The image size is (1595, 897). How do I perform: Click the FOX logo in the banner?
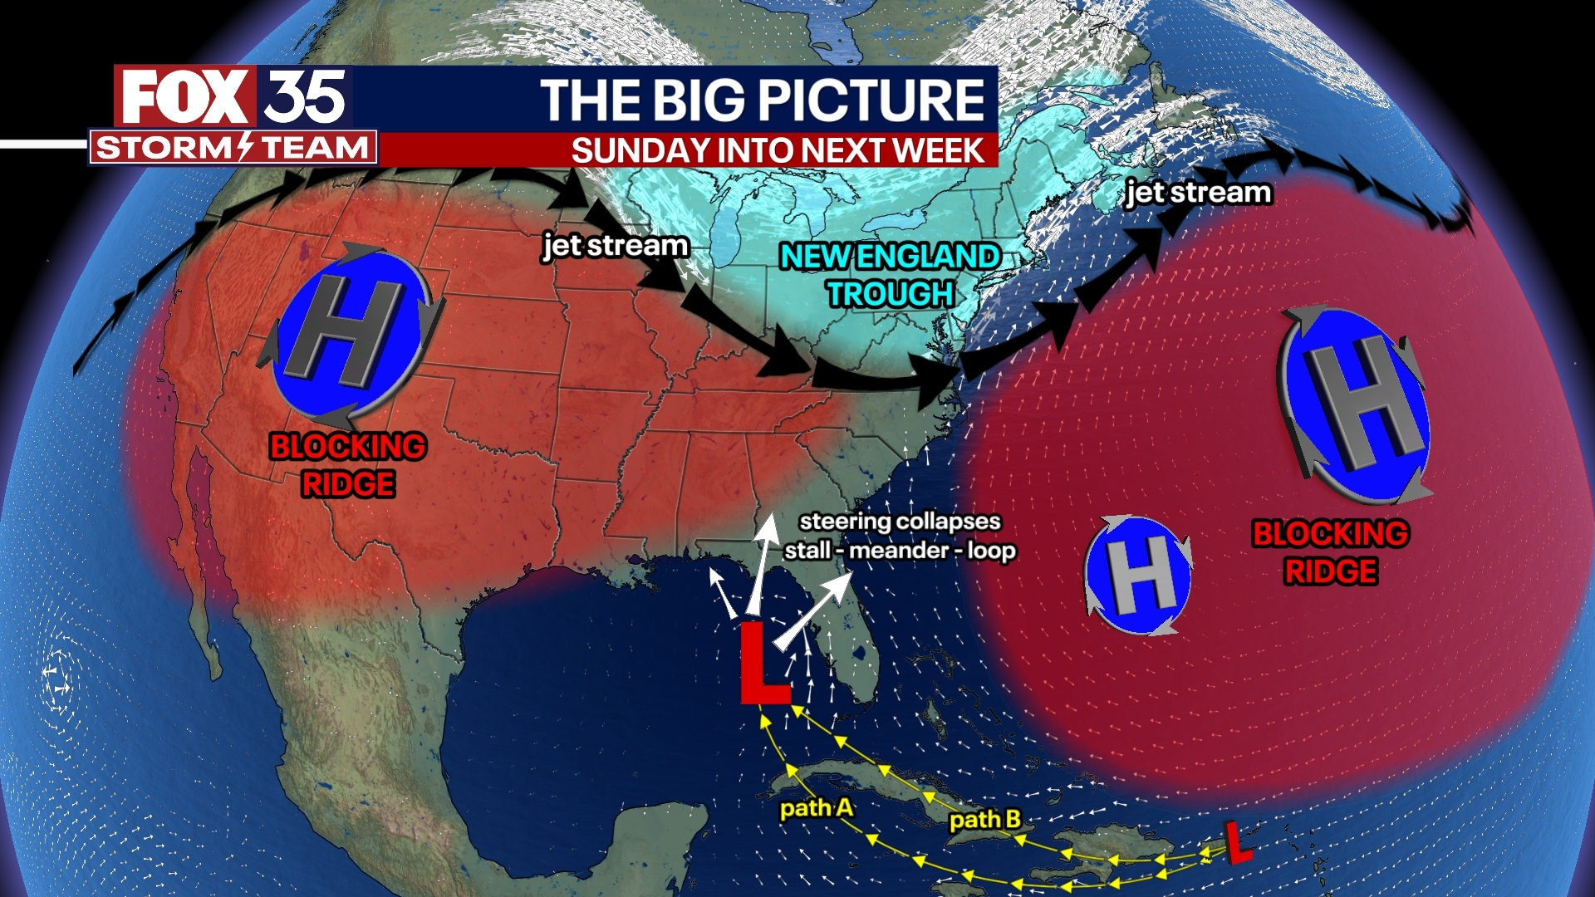click(x=184, y=96)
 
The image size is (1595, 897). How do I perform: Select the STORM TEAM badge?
click(x=233, y=148)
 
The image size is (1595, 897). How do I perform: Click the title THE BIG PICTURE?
click(x=762, y=100)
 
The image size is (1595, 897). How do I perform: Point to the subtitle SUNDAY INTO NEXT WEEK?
click(x=777, y=151)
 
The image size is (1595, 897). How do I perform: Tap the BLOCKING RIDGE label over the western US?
click(x=348, y=465)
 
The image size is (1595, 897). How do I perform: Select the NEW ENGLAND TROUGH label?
click(x=890, y=275)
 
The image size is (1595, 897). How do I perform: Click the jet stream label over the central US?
click(x=616, y=246)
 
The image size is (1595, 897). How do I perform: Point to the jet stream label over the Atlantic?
click(x=1198, y=193)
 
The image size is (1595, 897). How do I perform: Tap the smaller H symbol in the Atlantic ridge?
click(x=1138, y=575)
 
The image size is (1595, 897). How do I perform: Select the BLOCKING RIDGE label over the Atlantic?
click(x=1330, y=552)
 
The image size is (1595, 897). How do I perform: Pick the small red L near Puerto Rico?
click(x=1237, y=841)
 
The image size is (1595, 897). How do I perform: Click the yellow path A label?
click(x=816, y=807)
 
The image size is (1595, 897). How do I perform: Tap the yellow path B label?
click(x=985, y=820)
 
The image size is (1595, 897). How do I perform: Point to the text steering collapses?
click(x=900, y=522)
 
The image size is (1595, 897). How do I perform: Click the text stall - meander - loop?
click(x=900, y=551)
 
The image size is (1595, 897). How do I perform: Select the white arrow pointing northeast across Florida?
click(x=815, y=610)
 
